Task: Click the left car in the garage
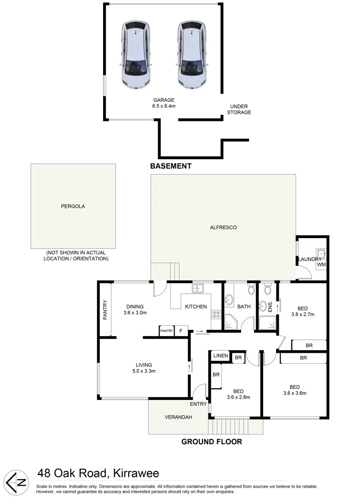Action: (x=136, y=55)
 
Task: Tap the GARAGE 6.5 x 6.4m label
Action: (x=164, y=103)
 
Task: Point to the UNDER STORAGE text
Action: (x=238, y=109)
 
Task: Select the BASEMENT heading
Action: (x=171, y=166)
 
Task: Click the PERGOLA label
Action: (x=73, y=206)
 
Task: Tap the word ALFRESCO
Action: (x=223, y=227)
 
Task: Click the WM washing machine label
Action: (x=321, y=265)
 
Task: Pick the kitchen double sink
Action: (x=198, y=289)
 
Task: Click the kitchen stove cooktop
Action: (x=216, y=314)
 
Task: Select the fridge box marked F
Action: (x=181, y=331)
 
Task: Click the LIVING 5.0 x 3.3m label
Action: (x=144, y=368)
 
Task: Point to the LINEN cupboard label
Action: (x=221, y=356)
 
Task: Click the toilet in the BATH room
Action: (x=251, y=291)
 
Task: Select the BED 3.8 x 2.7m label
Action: (x=302, y=311)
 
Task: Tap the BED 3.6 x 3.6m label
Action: (x=294, y=390)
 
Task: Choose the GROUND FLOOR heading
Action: (x=212, y=441)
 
